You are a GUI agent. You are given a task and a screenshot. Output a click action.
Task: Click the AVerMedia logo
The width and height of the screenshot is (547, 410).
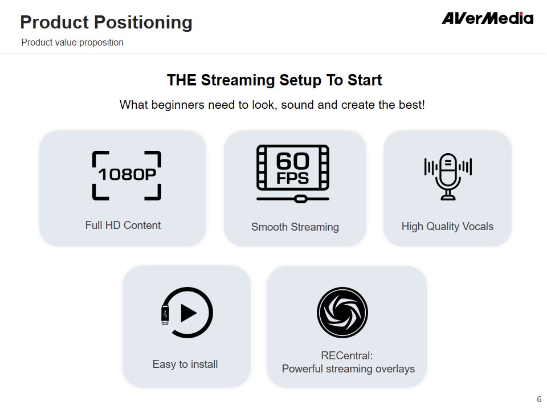point(487,18)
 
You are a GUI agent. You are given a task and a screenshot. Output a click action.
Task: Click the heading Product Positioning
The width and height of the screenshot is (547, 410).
point(107,22)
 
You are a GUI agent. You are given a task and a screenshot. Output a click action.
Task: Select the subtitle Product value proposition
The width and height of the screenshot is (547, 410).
point(72,43)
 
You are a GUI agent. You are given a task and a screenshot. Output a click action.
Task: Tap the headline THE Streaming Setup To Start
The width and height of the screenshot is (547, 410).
point(274,80)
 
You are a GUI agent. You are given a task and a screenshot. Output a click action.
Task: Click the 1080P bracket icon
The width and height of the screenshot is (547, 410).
point(126,175)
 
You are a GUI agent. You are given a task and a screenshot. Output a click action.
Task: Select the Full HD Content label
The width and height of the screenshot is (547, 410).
point(123,225)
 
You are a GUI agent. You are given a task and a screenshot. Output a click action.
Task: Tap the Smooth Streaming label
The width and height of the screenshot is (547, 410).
point(295,227)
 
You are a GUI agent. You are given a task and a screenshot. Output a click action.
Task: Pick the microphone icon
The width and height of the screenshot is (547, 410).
point(448,177)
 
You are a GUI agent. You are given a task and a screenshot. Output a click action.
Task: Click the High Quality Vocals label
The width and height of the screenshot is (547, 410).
point(448,227)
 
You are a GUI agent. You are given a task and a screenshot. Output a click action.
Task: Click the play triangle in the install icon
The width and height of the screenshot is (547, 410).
point(189,313)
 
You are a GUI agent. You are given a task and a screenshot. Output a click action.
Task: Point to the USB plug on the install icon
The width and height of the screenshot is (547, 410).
point(165,315)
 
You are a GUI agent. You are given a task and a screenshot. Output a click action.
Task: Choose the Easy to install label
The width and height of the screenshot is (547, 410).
point(185,364)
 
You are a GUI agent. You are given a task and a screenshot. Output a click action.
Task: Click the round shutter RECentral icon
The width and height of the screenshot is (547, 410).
point(342,313)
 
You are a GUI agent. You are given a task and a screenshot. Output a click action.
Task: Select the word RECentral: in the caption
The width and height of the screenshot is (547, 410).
point(347,355)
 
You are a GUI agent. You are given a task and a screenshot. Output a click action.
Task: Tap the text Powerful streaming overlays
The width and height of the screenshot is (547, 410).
point(348,369)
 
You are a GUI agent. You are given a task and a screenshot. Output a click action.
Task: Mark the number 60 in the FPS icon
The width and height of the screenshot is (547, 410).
point(293,161)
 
